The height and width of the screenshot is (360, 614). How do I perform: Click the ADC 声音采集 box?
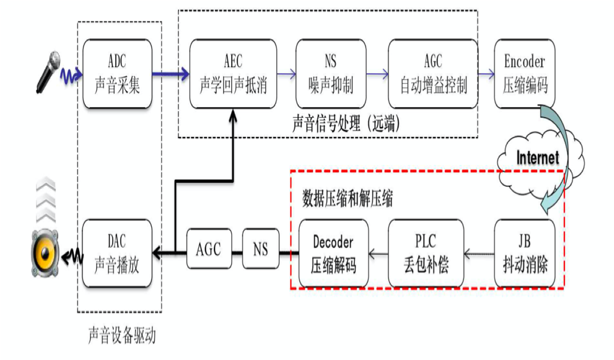[117, 73]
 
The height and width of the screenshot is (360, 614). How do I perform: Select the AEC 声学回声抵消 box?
[233, 73]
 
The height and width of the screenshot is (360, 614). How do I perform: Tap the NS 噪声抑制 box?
[330, 73]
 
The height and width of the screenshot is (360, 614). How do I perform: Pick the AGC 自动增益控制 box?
[432, 73]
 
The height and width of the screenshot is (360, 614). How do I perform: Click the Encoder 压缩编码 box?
[524, 73]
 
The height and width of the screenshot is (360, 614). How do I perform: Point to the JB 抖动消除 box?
[524, 253]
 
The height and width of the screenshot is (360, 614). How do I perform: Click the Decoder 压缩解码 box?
[333, 253]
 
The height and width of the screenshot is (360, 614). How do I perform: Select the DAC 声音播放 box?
[117, 253]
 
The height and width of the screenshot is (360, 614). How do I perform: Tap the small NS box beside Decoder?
[260, 249]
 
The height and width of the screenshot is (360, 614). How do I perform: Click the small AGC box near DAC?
[208, 249]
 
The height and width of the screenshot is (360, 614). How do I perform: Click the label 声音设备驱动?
[121, 336]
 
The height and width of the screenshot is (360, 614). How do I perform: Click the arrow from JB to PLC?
[478, 253]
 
